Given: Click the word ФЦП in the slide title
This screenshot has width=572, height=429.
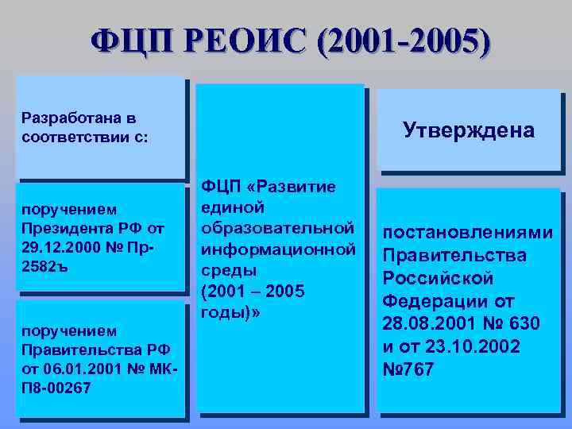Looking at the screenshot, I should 129,40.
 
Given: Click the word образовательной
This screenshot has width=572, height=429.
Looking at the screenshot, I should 278,229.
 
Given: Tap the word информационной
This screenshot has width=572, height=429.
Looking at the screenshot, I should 278,249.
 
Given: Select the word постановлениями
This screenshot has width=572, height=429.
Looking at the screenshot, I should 468,234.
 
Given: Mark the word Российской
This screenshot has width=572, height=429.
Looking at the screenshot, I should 439,279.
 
